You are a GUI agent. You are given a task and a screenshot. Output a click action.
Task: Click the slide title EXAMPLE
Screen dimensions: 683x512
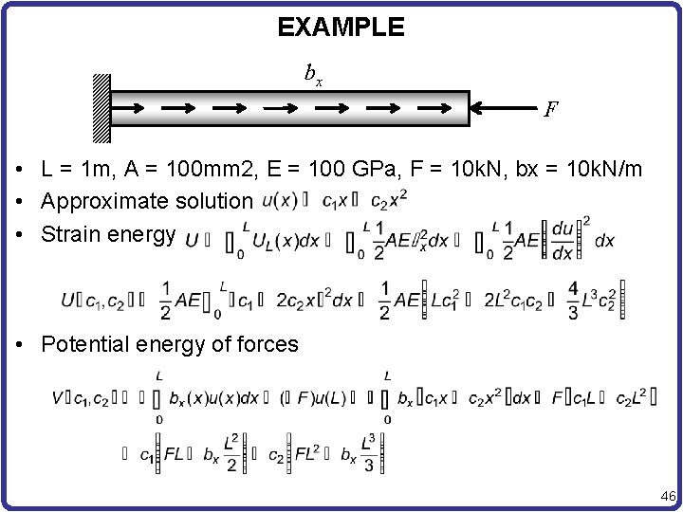[341, 27]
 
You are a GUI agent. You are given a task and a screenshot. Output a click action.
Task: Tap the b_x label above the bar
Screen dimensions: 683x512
[312, 73]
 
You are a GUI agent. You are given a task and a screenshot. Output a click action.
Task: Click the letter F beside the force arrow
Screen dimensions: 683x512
[551, 110]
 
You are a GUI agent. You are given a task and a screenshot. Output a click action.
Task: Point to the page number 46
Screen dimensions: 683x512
[667, 496]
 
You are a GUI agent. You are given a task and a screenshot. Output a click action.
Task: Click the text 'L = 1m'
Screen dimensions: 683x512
[74, 171]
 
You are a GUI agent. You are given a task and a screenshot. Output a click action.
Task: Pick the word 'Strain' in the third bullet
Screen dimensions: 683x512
[66, 233]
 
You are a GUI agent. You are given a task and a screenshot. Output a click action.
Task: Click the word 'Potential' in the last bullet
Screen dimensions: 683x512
[83, 344]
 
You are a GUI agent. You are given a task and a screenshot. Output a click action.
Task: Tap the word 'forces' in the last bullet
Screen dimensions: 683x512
[269, 344]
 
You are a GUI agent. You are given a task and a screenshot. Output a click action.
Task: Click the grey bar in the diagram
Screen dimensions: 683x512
[290, 108]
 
